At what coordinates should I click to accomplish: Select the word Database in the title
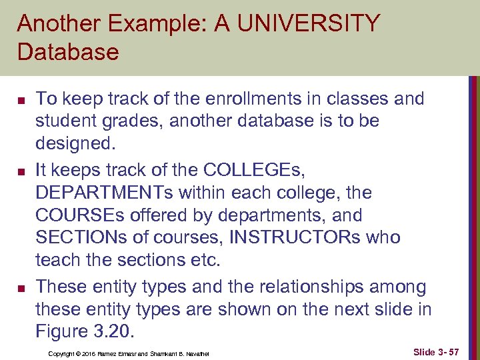[x=68, y=51]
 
